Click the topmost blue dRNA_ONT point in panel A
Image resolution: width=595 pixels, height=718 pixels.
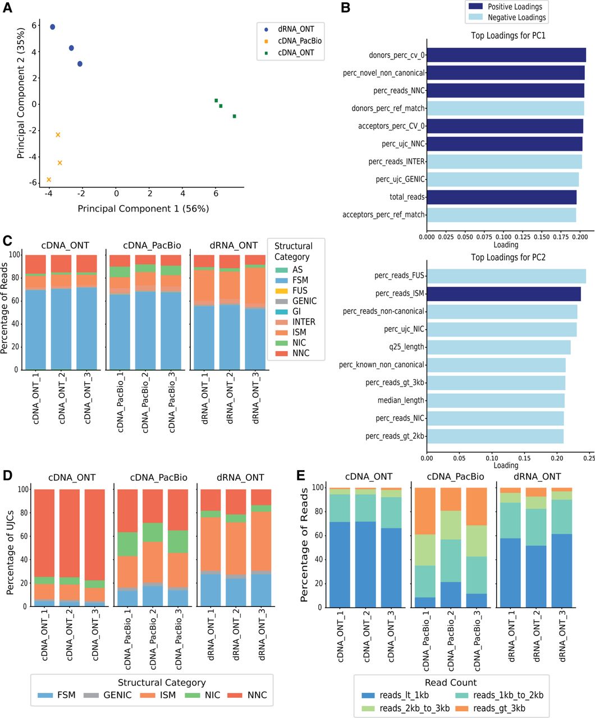pyautogui.click(x=52, y=27)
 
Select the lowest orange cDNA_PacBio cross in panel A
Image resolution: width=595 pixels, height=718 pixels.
pyautogui.click(x=49, y=179)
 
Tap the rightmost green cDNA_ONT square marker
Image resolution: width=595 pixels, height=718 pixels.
pyautogui.click(x=234, y=116)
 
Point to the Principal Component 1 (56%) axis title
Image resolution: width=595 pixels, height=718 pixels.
pyautogui.click(x=143, y=209)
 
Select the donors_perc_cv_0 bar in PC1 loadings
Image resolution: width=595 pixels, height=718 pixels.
pyautogui.click(x=506, y=55)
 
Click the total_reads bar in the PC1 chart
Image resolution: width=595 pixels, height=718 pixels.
pyautogui.click(x=501, y=197)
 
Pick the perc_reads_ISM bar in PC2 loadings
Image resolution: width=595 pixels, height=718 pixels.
pyautogui.click(x=504, y=293)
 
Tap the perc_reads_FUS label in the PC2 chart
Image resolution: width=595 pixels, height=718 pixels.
pyautogui.click(x=400, y=275)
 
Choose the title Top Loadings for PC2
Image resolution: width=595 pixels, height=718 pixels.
pyautogui.click(x=508, y=257)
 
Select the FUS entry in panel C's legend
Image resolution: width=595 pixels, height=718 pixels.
pyautogui.click(x=300, y=291)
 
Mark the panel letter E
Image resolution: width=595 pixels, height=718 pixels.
pyautogui.click(x=301, y=476)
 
